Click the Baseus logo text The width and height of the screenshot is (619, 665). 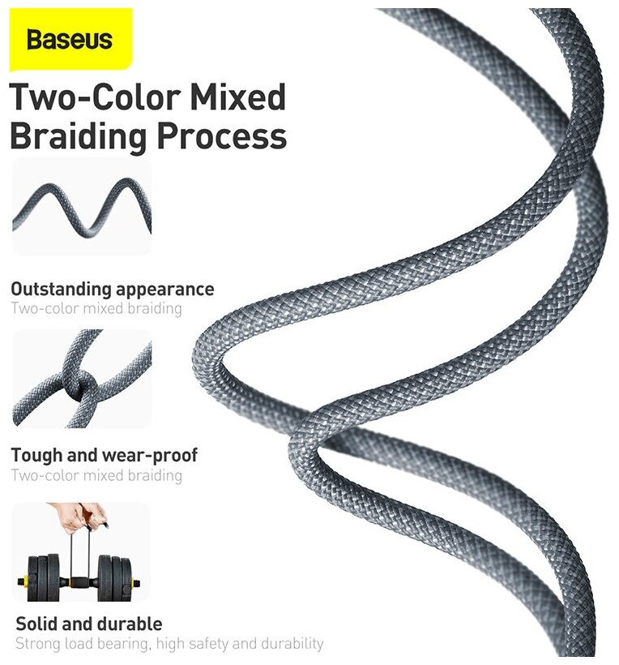(69, 40)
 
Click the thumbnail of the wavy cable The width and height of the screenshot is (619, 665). (81, 210)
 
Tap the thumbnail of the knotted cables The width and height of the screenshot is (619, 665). (81, 379)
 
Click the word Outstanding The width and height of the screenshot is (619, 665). (60, 290)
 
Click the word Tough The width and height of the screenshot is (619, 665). (36, 455)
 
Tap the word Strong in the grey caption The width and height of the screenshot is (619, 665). (39, 644)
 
